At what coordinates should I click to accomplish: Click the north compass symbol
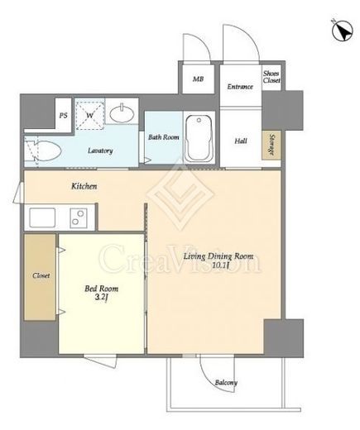click(343, 31)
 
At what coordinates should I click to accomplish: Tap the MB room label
click(198, 79)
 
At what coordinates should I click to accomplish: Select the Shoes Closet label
click(271, 77)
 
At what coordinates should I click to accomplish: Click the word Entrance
click(240, 87)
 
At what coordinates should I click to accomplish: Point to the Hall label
click(241, 141)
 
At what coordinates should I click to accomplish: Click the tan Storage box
click(271, 145)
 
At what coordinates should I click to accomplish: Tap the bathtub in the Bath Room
click(199, 138)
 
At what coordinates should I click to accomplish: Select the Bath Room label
click(164, 137)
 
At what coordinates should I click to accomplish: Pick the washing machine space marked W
click(90, 115)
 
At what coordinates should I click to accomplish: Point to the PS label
click(64, 116)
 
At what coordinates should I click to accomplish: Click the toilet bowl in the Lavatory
click(47, 151)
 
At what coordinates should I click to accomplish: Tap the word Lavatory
click(100, 150)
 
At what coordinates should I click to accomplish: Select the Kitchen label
click(84, 186)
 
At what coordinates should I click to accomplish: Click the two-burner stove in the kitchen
click(79, 218)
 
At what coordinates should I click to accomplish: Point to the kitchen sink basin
click(42, 217)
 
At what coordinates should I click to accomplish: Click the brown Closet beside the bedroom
click(40, 277)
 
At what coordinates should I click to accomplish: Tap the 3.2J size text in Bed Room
click(101, 298)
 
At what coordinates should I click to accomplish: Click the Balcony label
click(226, 383)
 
